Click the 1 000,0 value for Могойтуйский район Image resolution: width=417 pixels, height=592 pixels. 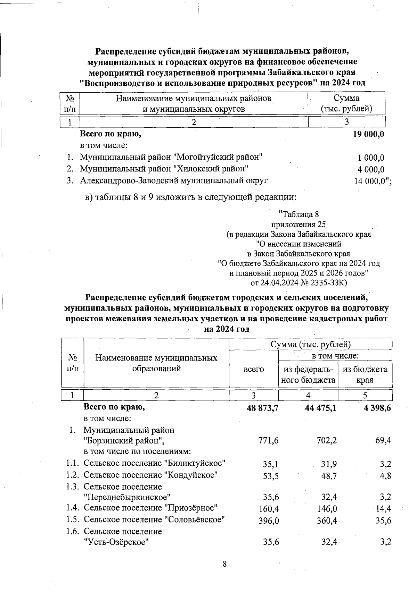tap(371, 158)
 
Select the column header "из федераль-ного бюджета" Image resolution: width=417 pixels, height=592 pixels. tap(308, 374)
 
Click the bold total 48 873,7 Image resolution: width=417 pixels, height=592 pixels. tap(263, 408)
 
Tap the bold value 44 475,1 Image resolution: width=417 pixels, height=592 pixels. tap(320, 408)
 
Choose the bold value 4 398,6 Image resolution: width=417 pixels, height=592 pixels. tap(377, 408)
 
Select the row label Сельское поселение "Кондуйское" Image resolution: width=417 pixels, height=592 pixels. tap(151, 475)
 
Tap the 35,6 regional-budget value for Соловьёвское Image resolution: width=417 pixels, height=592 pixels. tap(383, 521)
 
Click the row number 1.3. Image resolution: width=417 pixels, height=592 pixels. tap(73, 487)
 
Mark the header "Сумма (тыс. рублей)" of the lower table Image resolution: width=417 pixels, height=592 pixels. tap(310, 345)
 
